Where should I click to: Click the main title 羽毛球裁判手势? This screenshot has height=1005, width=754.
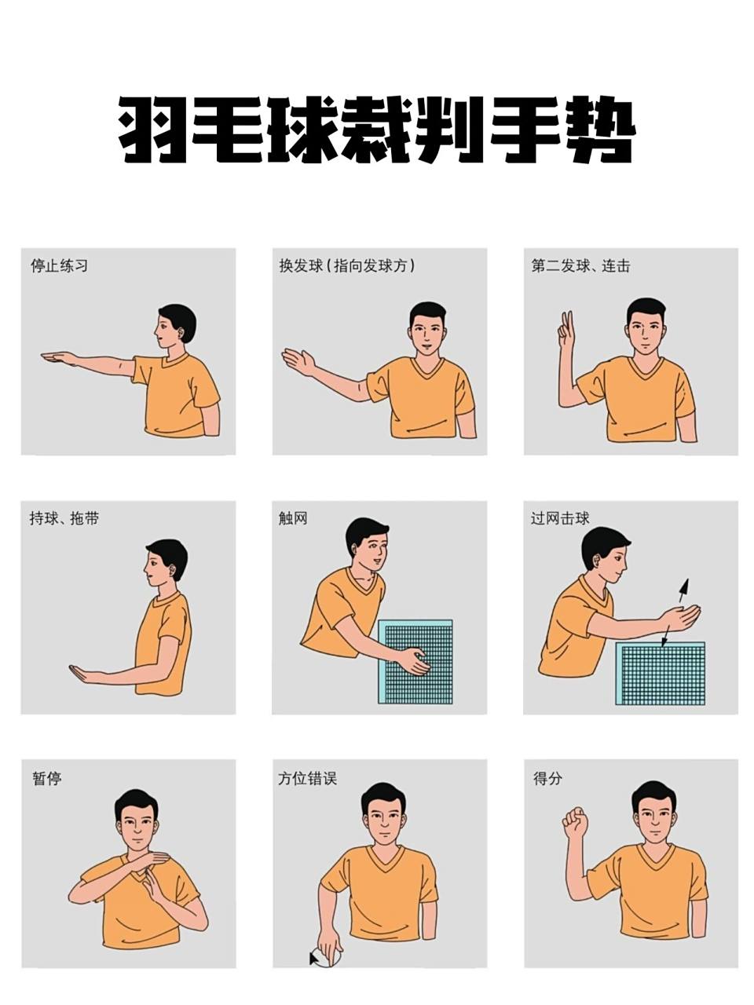376,130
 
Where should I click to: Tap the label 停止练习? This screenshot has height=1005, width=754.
59,266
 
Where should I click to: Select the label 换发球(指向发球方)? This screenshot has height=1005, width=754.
346,266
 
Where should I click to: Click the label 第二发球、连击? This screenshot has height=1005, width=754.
580,266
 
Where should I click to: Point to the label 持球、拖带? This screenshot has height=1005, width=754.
64,518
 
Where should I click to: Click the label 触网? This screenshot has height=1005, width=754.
293,518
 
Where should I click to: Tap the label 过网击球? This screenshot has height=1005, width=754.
560,518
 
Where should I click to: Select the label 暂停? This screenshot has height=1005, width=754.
46,779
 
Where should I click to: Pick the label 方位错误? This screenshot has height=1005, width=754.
307,779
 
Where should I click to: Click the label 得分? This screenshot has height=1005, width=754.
547,779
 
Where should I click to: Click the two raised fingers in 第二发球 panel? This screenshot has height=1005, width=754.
565,330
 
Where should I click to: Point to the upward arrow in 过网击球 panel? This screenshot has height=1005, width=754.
683,589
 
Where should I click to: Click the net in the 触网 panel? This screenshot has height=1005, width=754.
415,661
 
